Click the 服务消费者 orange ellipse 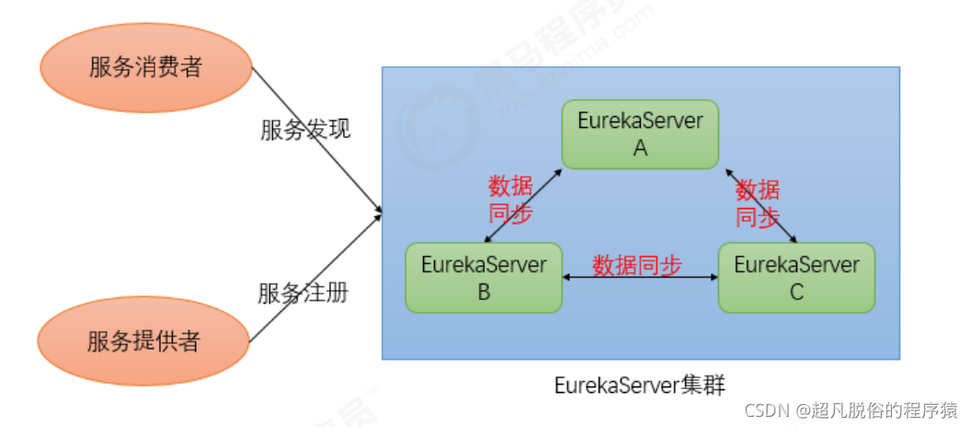[x=144, y=68]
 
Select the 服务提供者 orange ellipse [x=144, y=341]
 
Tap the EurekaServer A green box [x=640, y=134]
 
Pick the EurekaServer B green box [x=484, y=277]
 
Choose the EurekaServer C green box [x=796, y=277]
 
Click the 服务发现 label [x=304, y=130]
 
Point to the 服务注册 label [x=303, y=294]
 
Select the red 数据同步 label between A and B [x=510, y=200]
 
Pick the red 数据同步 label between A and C [x=758, y=203]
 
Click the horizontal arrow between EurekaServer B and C [x=640, y=277]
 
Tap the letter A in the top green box [x=640, y=148]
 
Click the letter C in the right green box [x=796, y=293]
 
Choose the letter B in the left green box [x=484, y=293]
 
